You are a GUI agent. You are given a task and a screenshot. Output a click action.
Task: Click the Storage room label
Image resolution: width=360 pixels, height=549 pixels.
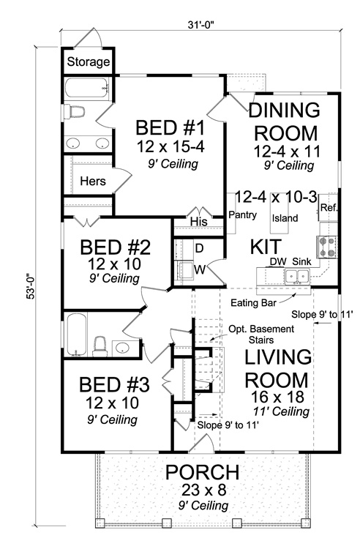[x=89, y=62]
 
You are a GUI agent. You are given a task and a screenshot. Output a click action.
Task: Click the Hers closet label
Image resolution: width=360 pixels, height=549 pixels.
[x=93, y=181]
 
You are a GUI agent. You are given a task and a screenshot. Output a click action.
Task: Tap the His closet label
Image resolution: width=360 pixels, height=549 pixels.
[x=198, y=220]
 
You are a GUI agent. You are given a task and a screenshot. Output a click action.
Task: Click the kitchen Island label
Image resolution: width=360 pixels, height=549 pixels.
[x=284, y=217]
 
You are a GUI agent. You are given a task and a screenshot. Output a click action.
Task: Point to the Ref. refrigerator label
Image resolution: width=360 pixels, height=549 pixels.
[x=328, y=208]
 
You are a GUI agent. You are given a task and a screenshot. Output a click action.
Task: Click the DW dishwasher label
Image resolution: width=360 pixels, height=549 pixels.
[x=275, y=261]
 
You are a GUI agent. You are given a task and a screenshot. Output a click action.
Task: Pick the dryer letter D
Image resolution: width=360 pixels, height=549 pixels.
[x=198, y=247]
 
